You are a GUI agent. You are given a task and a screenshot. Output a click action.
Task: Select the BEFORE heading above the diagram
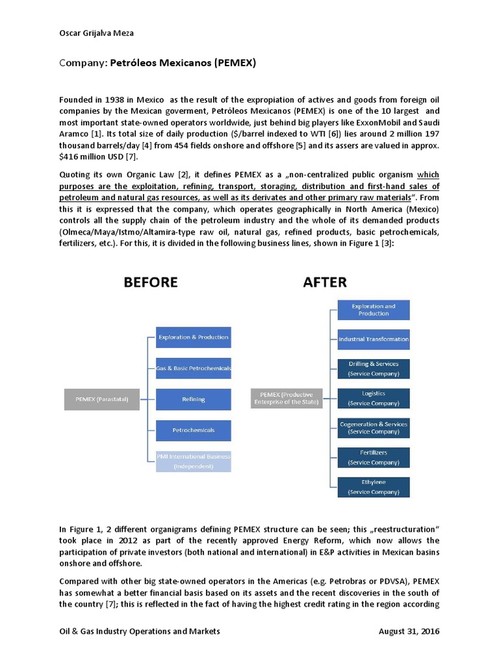pyautogui.click(x=151, y=282)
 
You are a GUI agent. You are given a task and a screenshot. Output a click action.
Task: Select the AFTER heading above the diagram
pyautogui.click(x=324, y=282)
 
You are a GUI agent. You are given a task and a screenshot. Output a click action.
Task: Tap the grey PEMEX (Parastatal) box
pyautogui.click(x=101, y=399)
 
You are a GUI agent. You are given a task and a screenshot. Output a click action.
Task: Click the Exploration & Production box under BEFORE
pyautogui.click(x=194, y=337)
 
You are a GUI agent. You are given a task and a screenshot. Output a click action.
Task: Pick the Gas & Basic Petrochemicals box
pyautogui.click(x=194, y=368)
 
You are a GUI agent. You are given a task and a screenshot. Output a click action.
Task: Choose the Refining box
pyautogui.click(x=194, y=399)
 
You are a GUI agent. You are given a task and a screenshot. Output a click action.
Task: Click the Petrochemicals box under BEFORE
pyautogui.click(x=194, y=430)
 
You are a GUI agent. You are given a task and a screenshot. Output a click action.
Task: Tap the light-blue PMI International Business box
pyautogui.click(x=194, y=460)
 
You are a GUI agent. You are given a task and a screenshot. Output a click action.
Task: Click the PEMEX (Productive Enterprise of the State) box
pyautogui.click(x=287, y=398)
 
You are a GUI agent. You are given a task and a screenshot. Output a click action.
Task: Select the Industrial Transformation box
pyautogui.click(x=374, y=339)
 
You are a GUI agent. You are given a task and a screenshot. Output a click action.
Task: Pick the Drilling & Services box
pyautogui.click(x=374, y=369)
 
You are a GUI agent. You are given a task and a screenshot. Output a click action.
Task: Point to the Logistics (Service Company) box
pyautogui.click(x=374, y=398)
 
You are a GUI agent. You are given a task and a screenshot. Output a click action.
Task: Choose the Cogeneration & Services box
pyautogui.click(x=374, y=428)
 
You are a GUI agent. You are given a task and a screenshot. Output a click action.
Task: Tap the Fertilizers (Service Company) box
pyautogui.click(x=374, y=458)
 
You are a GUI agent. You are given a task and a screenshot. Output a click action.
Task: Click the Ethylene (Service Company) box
pyautogui.click(x=374, y=487)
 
